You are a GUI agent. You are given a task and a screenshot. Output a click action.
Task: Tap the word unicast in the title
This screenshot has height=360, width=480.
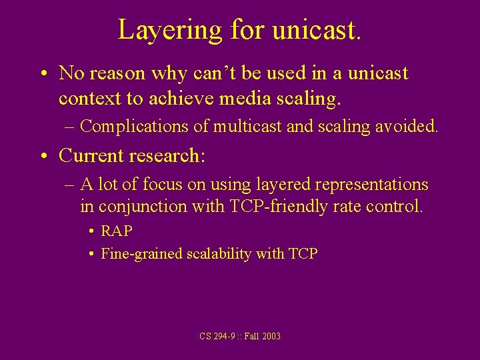pos(316,30)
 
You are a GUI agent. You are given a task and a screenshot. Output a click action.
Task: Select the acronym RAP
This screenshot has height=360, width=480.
pos(117,231)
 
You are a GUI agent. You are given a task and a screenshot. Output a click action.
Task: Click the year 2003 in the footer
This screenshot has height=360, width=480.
pos(271,336)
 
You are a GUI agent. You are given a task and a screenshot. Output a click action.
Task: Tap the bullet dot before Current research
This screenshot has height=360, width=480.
pos(44,156)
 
